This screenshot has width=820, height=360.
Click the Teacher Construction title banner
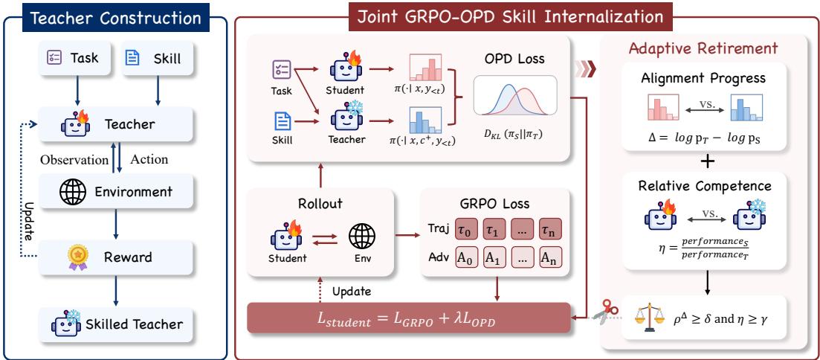point(115,18)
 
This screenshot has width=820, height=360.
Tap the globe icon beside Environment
point(73,192)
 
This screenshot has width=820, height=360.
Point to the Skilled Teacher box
point(116,324)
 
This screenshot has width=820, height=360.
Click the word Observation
point(74,160)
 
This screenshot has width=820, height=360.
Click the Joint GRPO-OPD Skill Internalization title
point(511,16)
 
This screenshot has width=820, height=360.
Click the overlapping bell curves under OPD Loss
point(514,96)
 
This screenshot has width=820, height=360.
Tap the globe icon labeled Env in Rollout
point(362,236)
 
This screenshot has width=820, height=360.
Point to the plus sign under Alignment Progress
point(707,162)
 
